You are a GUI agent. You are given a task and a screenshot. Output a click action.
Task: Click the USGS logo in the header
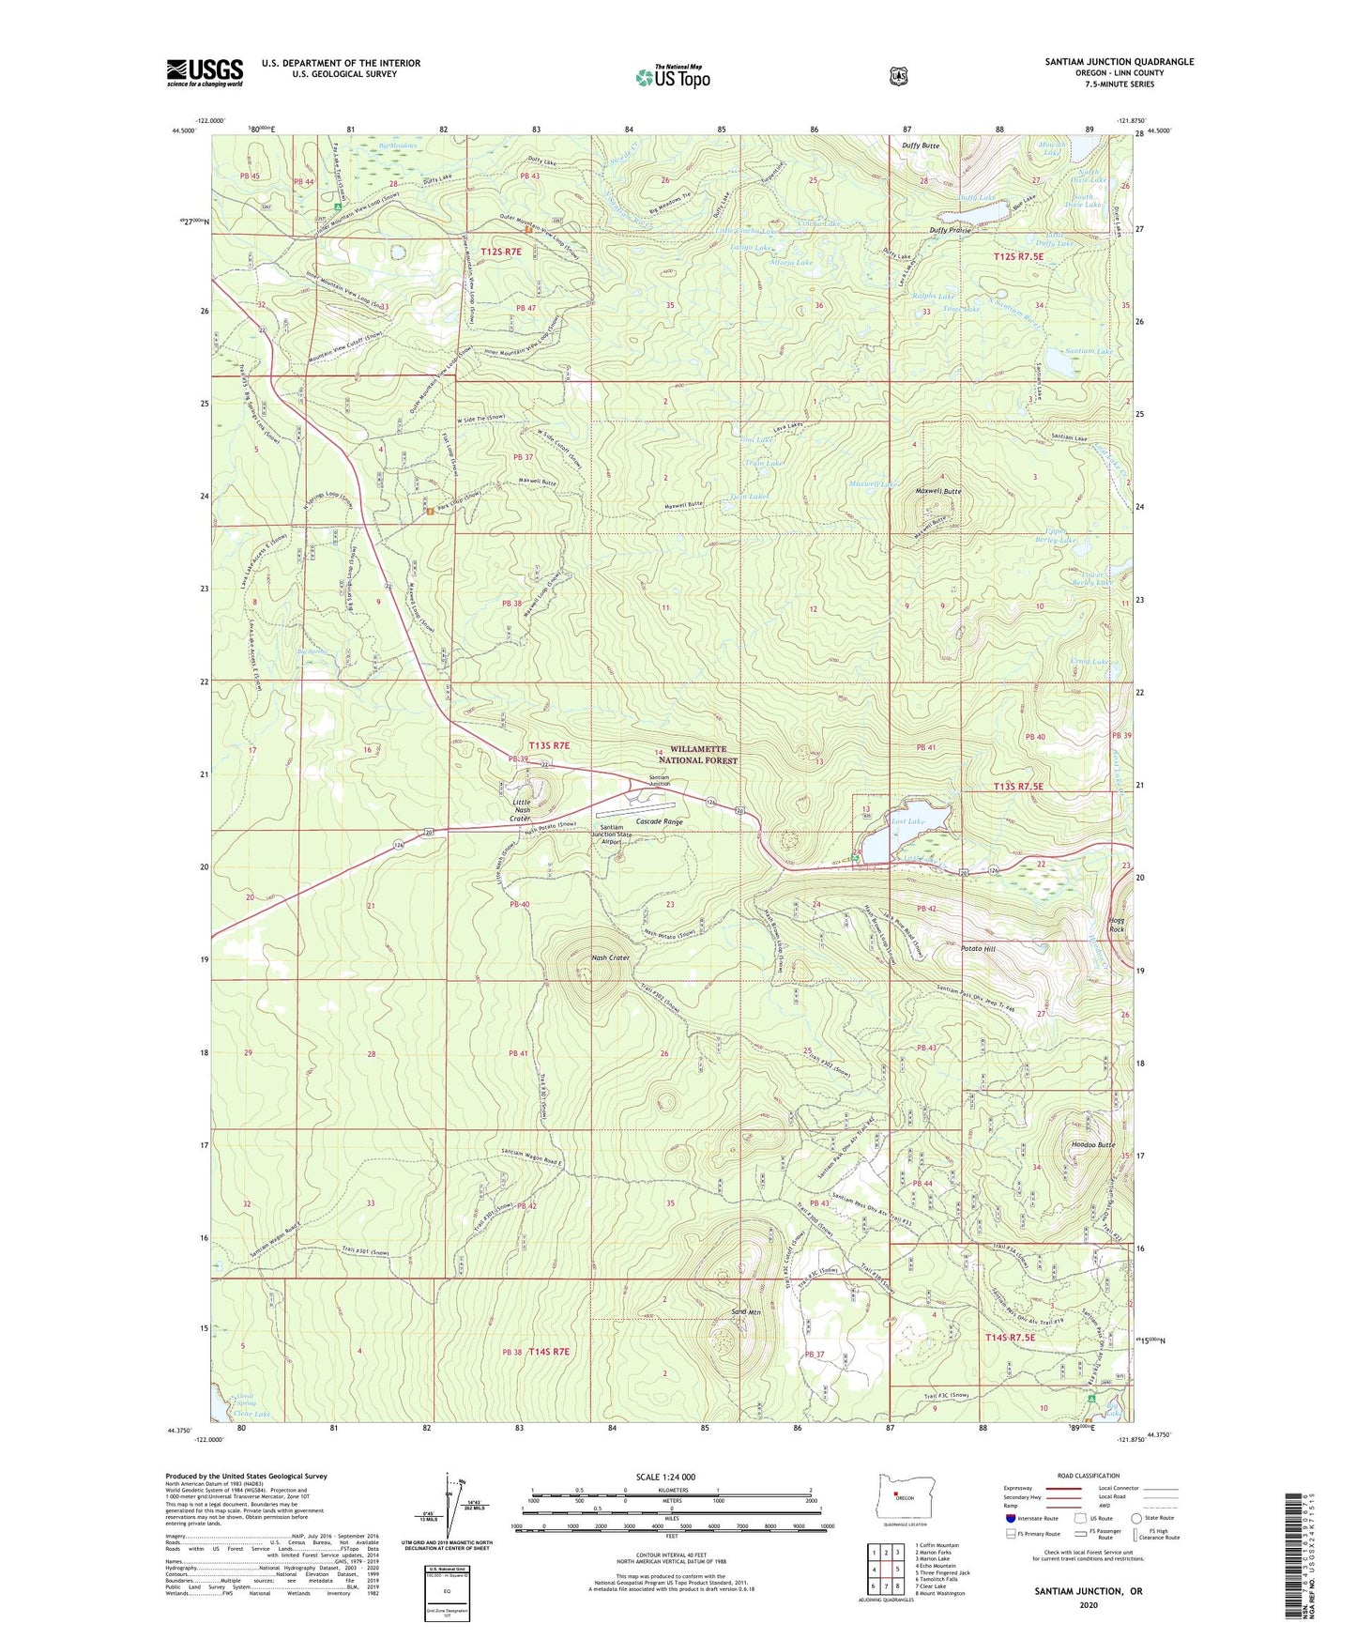click(x=205, y=72)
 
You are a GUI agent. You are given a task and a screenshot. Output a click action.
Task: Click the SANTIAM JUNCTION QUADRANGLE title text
click(x=1119, y=62)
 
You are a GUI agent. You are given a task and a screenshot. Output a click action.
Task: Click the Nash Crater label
click(x=610, y=957)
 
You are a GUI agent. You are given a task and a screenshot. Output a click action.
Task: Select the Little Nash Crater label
click(x=521, y=810)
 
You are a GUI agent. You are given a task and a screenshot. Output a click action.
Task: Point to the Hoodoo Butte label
click(x=1092, y=1145)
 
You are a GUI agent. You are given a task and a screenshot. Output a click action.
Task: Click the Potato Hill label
click(x=977, y=949)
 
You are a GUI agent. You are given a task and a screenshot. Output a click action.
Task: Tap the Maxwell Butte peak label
click(x=938, y=491)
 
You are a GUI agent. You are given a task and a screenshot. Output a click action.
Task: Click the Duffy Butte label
click(x=921, y=146)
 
